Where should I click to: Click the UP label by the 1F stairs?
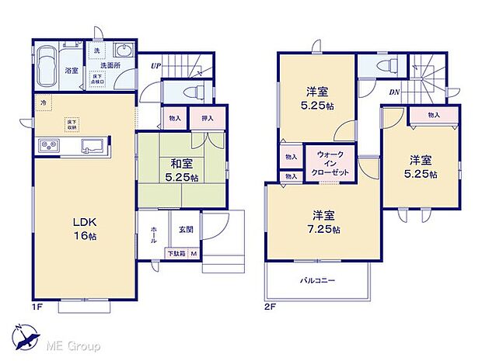click(x=155, y=67)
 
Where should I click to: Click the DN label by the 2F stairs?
click(x=394, y=92)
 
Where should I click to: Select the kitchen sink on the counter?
click(x=90, y=146)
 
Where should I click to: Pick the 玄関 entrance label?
click(x=186, y=229)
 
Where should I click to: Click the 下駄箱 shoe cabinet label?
click(x=177, y=253)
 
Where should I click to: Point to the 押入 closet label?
click(x=208, y=119)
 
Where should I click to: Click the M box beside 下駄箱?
click(x=195, y=253)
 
